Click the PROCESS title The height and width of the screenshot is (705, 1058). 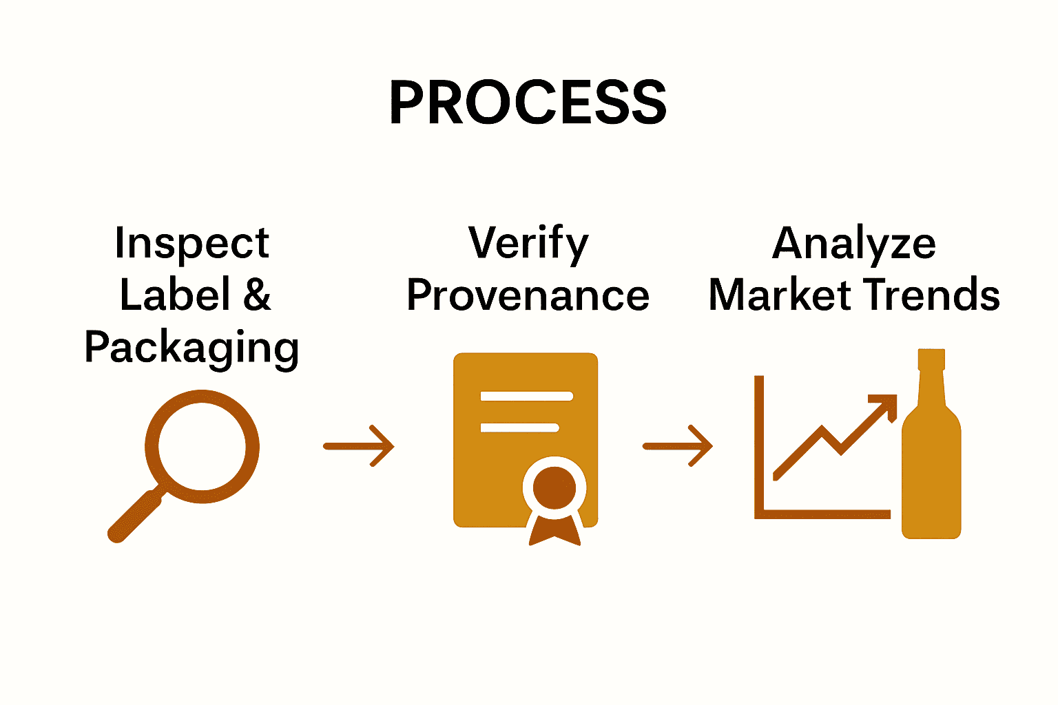tap(528, 102)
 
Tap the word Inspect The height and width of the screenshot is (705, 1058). tap(191, 244)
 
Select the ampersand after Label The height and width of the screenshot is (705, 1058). tap(257, 295)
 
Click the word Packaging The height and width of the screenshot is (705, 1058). tap(191, 348)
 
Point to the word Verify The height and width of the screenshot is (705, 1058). tap(528, 244)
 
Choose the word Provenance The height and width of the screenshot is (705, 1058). tap(528, 296)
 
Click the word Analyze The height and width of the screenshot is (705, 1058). tap(854, 244)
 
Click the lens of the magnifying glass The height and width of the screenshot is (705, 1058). tap(202, 445)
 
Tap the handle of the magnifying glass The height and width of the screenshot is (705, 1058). tap(134, 517)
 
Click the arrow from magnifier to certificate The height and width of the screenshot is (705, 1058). tap(359, 446)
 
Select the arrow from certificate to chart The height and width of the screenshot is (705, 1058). tap(678, 446)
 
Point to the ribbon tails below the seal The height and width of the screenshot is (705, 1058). tap(554, 532)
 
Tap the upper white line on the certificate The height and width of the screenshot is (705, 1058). tap(526, 396)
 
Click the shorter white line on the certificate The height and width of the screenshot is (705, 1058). tap(519, 428)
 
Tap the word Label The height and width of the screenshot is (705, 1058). tap(175, 295)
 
